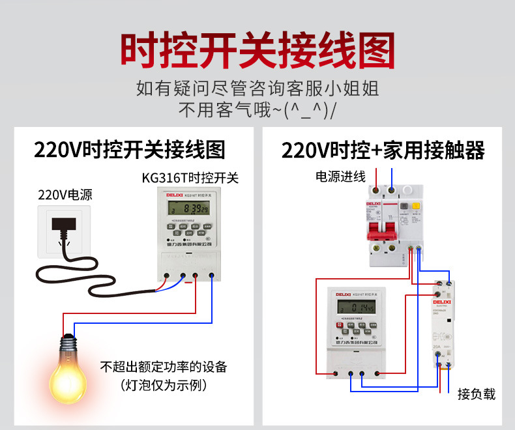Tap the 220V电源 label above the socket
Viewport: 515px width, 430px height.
point(65,194)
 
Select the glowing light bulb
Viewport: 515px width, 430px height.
point(68,371)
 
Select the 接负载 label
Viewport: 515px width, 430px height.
point(477,394)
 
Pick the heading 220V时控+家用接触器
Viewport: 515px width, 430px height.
point(383,150)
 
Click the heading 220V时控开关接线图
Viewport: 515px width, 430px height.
point(130,150)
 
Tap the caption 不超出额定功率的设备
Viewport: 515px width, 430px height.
point(164,367)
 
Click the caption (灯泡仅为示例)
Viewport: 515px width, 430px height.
point(164,385)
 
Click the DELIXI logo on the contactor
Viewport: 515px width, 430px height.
point(443,302)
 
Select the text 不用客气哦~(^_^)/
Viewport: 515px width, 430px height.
point(257,109)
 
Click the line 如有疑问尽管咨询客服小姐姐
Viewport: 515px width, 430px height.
point(257,88)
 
